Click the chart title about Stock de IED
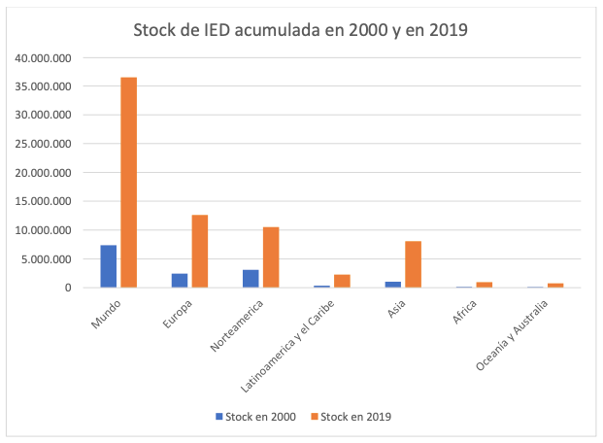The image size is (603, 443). pyautogui.click(x=301, y=31)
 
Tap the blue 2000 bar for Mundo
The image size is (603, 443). pyautogui.click(x=109, y=266)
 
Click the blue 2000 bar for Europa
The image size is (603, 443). pyautogui.click(x=180, y=280)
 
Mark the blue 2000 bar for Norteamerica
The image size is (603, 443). pyautogui.click(x=251, y=278)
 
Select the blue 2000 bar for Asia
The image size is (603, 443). pyautogui.click(x=393, y=284)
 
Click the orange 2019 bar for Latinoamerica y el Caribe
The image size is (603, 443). pyautogui.click(x=342, y=281)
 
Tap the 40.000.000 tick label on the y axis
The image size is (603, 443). pyautogui.click(x=45, y=58)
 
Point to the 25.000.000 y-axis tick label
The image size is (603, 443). pyautogui.click(x=45, y=144)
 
